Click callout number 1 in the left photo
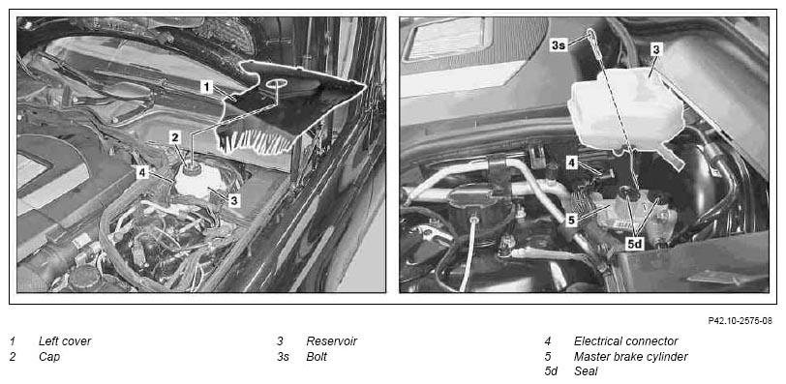coord(206,87)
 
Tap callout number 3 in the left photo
coord(233,201)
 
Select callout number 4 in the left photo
coord(143,173)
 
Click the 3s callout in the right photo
coord(559,45)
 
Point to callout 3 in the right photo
coord(656,49)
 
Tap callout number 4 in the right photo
coord(572,162)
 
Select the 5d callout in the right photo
coord(635,244)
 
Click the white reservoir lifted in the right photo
coord(624,111)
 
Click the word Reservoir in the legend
coord(331,341)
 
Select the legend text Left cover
coord(65,341)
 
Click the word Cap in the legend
coord(49,357)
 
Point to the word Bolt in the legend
coord(317,357)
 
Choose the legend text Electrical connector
coord(625,341)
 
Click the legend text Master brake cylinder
coord(630,357)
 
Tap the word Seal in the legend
coord(586,372)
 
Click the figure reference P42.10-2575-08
coord(740,320)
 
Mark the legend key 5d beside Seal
coord(551,372)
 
